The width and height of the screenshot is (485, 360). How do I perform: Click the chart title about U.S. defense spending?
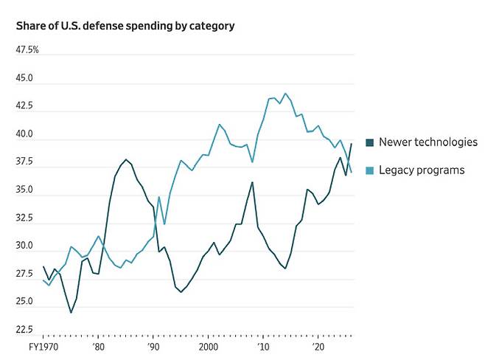pos(125,26)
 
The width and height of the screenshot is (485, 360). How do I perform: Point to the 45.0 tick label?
pos(25,78)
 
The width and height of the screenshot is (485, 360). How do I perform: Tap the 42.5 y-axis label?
pos(25,106)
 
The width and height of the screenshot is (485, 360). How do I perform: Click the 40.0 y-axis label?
pos(25,134)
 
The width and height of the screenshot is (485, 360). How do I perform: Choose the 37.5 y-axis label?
pos(25,162)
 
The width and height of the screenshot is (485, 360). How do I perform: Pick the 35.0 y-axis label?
pos(25,190)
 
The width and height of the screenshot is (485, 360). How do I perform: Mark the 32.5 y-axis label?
pos(25,218)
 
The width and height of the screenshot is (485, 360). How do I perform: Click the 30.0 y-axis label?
pos(25,246)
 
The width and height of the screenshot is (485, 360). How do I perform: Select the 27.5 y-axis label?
pos(25,274)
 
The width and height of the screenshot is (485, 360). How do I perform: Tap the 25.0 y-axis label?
pos(25,302)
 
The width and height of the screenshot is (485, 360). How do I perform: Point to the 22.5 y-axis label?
pos(25,330)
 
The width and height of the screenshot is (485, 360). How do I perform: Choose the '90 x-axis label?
pos(153,347)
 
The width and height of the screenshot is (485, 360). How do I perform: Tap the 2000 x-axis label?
pos(209,347)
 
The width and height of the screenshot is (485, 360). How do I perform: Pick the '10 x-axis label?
pos(263,347)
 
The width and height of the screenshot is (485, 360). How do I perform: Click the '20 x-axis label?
pos(319,347)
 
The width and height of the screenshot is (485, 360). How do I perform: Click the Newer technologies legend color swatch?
pos(370,142)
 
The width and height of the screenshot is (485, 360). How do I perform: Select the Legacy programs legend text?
pos(422,170)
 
